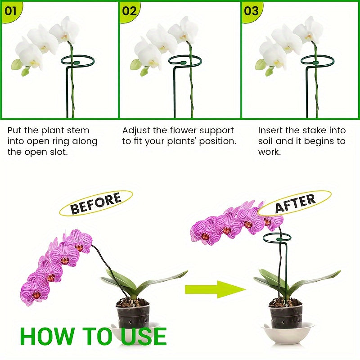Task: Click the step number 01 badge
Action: tap(10, 10)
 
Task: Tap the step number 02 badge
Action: tap(129, 10)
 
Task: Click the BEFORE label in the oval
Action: tap(96, 203)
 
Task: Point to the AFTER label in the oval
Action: tap(295, 203)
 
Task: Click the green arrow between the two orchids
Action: tap(215, 289)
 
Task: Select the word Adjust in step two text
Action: tap(136, 130)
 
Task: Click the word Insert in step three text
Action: tap(271, 130)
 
